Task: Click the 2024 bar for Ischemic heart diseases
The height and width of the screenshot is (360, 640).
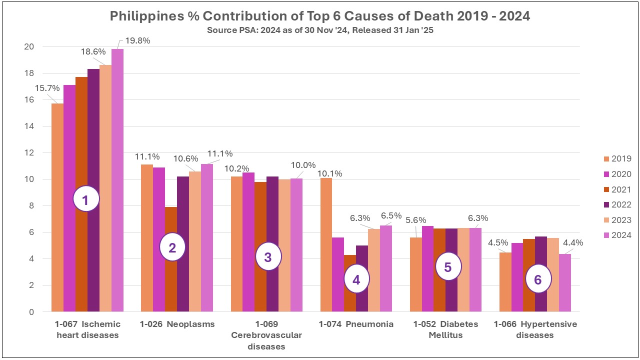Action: (x=117, y=180)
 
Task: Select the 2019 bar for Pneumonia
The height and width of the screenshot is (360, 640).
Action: (x=326, y=245)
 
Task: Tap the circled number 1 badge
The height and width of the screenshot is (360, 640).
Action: (x=86, y=200)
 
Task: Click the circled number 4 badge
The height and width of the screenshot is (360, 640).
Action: (x=356, y=280)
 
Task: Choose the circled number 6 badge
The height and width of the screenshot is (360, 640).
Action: (x=537, y=280)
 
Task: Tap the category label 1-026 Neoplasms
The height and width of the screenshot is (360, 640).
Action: (x=177, y=324)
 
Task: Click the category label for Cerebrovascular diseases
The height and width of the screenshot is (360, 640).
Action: (x=266, y=335)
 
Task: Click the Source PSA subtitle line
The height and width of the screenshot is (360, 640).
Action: (x=319, y=30)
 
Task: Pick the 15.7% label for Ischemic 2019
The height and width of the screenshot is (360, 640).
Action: (x=47, y=88)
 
